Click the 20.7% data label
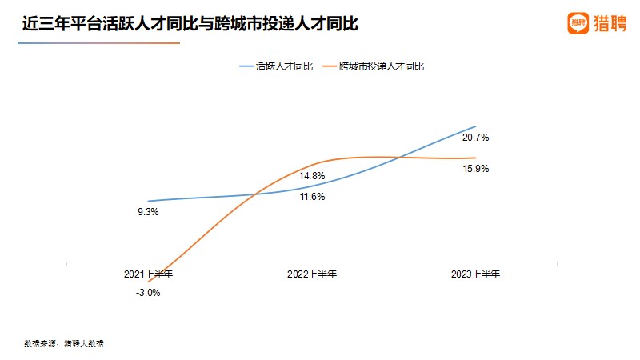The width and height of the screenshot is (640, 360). [x=475, y=138]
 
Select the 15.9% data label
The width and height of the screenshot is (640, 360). [x=475, y=169]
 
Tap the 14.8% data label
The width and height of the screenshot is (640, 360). [x=312, y=176]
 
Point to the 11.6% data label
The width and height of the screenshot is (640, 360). [x=312, y=197]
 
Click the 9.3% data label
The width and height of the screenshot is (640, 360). [x=148, y=212]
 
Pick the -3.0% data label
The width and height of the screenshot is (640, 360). [x=148, y=293]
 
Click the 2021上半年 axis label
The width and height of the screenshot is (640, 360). [x=148, y=274]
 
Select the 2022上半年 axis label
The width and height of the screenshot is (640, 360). [x=312, y=274]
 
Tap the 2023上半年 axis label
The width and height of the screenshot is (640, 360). [x=475, y=274]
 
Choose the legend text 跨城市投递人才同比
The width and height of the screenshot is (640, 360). [x=381, y=66]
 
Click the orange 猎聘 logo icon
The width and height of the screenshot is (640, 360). [x=578, y=23]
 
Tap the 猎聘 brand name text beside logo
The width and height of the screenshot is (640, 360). [x=610, y=23]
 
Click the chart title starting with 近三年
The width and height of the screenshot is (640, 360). [x=190, y=25]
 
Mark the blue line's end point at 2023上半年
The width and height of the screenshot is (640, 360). [x=476, y=126]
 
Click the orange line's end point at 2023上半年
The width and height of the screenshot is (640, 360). [x=476, y=158]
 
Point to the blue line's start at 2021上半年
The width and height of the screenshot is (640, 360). [x=148, y=201]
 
